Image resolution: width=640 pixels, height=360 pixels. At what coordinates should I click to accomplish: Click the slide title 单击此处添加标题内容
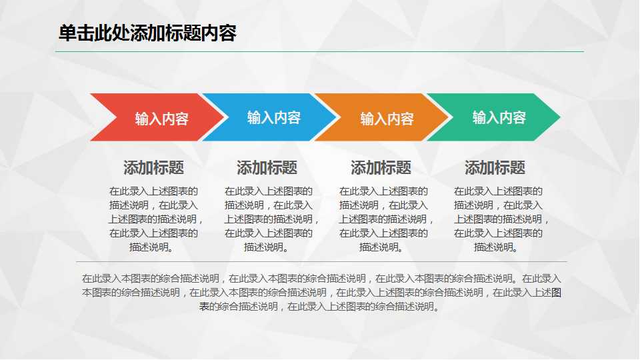click(x=147, y=33)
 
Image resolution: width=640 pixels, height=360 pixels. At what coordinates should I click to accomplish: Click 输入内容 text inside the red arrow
click(x=162, y=119)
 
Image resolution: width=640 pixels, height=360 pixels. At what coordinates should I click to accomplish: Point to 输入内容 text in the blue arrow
click(x=274, y=117)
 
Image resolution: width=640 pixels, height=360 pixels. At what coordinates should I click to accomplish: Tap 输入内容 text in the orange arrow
click(x=387, y=119)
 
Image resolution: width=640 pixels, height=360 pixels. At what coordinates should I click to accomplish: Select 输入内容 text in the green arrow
click(x=499, y=117)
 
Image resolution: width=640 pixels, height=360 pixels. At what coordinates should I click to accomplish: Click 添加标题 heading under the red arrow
click(x=154, y=167)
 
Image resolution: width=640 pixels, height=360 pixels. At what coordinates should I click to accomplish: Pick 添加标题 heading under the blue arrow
click(x=267, y=167)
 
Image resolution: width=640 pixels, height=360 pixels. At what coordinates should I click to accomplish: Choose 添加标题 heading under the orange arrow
click(x=381, y=167)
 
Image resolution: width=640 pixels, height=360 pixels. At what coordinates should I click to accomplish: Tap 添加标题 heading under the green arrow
click(x=495, y=167)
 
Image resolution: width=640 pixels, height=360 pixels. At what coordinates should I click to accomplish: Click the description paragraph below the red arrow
click(x=154, y=219)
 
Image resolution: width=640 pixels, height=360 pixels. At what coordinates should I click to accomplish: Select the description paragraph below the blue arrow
click(x=269, y=219)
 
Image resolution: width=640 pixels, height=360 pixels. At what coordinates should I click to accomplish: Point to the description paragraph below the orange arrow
click(x=383, y=219)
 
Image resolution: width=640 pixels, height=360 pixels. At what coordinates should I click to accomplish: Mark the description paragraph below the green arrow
click(x=499, y=219)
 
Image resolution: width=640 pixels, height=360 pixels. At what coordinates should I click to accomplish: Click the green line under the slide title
click(x=321, y=51)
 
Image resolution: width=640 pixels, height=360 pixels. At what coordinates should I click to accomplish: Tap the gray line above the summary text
click(x=321, y=261)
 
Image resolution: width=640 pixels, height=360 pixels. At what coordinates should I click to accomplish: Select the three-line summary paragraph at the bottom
click(x=321, y=292)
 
